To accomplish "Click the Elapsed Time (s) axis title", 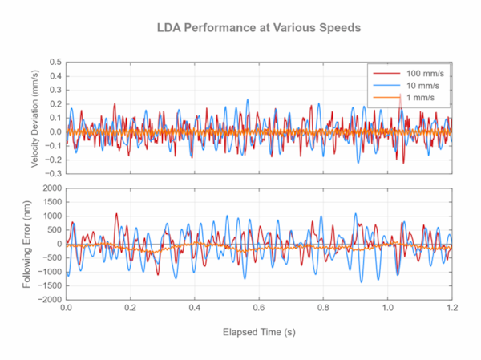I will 259,330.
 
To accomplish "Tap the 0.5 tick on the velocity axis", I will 55,63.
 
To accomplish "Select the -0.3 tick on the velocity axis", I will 54,173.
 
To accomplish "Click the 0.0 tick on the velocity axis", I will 55,132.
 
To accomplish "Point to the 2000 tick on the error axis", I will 51,188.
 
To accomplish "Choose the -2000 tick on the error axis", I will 50,299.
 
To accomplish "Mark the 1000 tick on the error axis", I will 51,216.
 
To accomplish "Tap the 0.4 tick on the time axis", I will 195,308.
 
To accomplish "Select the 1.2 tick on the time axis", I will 452,308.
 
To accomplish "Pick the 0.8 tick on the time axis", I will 323,308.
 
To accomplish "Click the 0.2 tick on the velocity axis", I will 55,104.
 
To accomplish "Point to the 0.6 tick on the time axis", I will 259,308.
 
